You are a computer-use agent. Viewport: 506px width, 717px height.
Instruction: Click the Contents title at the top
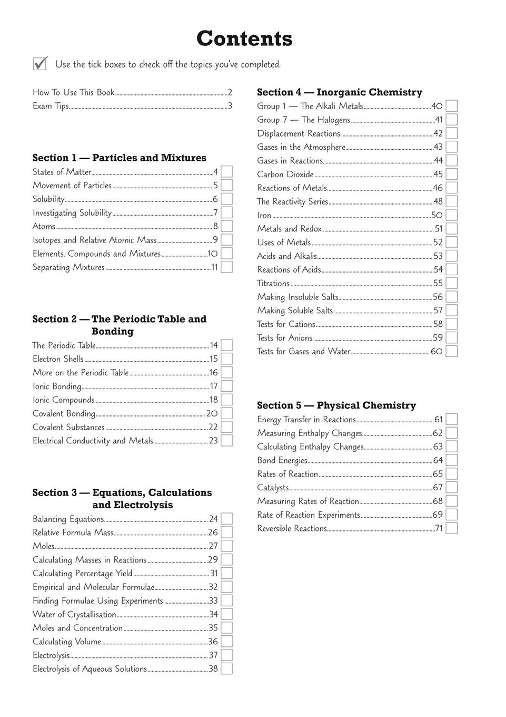(244, 39)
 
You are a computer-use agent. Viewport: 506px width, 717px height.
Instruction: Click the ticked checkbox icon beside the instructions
(40, 63)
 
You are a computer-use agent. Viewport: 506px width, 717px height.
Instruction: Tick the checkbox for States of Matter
(227, 171)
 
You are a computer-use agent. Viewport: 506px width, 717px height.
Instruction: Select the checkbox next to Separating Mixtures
(227, 267)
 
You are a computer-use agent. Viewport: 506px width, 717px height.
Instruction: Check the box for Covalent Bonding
(227, 413)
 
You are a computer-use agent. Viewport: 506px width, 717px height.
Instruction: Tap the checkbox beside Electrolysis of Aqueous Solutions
(227, 668)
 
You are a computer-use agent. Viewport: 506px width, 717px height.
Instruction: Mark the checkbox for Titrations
(451, 283)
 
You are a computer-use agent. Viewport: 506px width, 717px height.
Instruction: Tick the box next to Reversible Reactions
(451, 528)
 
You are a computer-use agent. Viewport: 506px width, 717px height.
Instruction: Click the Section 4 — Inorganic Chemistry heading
(340, 92)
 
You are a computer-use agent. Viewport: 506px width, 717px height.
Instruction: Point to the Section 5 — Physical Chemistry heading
(336, 405)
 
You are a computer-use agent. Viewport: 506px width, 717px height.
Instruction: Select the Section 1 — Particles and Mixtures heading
(120, 158)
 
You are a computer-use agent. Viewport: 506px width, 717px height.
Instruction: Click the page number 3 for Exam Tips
(230, 106)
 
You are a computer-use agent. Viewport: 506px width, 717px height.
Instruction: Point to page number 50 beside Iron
(437, 215)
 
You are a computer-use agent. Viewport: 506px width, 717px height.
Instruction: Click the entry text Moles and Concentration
(77, 628)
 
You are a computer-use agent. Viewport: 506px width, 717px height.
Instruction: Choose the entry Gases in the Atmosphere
(301, 147)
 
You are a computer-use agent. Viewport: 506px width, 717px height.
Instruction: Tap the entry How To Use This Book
(73, 92)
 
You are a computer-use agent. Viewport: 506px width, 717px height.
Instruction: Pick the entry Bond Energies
(282, 460)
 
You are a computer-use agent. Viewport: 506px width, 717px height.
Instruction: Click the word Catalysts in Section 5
(273, 488)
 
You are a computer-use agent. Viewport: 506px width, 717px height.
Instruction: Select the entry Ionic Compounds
(63, 400)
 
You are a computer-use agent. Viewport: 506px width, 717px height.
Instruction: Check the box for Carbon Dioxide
(451, 174)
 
